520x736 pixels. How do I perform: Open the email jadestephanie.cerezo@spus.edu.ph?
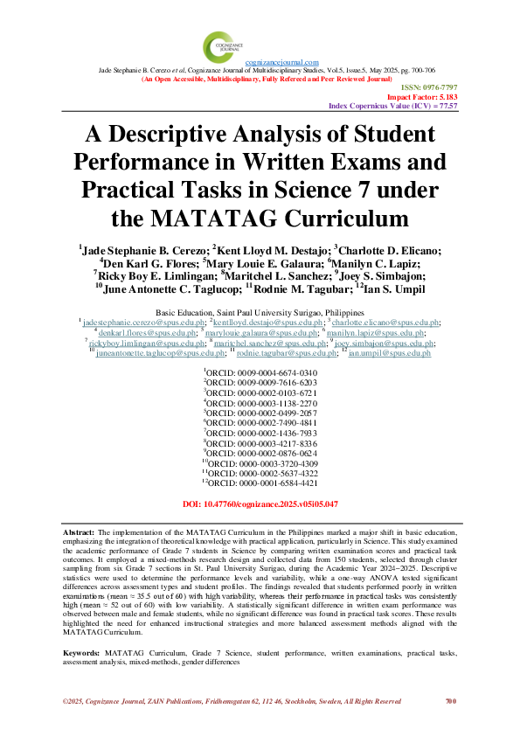tap(134, 323)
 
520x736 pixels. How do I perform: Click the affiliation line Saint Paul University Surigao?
tap(260, 312)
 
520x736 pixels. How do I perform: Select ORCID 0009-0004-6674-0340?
tap(260, 372)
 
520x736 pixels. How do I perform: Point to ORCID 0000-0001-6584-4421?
tap(260, 482)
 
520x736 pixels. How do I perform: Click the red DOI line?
tap(260, 504)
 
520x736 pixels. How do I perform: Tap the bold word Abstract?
tap(80, 532)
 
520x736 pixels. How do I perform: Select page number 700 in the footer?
tap(451, 700)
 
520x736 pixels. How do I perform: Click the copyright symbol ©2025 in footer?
tap(73, 701)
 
